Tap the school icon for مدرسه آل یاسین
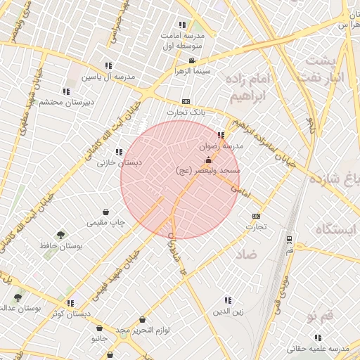[108, 65]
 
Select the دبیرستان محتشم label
[64, 103]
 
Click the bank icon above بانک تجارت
[186, 101]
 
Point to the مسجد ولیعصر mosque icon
[207, 160]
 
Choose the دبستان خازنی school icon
[118, 152]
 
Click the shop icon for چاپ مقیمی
[105, 212]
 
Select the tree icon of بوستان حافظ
[62, 236]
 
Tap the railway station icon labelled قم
[289, 240]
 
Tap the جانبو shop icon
[99, 328]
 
